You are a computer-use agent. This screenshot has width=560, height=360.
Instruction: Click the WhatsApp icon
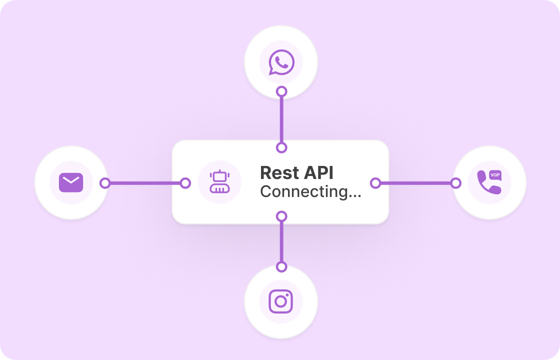click(281, 62)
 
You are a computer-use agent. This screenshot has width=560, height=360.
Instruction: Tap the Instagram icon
click(281, 301)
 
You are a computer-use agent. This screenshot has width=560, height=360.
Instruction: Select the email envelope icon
click(71, 182)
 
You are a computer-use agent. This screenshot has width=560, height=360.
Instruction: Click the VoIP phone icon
click(488, 182)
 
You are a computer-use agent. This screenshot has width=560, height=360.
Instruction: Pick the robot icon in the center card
click(219, 182)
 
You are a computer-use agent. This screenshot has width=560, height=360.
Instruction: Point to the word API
click(318, 173)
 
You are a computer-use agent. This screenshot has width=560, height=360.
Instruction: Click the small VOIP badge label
click(495, 174)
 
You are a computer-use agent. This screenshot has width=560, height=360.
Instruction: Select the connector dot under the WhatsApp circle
click(281, 91)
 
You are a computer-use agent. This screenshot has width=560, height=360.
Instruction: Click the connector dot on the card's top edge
click(281, 147)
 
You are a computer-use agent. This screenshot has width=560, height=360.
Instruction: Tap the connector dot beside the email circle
click(104, 183)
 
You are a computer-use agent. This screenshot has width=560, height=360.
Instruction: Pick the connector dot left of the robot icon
click(185, 183)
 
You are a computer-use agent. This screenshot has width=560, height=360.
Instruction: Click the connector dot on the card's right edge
click(375, 183)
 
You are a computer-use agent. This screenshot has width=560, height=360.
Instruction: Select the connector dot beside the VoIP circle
click(455, 183)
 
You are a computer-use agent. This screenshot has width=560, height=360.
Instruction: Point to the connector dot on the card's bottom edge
click(281, 216)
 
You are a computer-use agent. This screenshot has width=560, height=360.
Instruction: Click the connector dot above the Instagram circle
click(281, 266)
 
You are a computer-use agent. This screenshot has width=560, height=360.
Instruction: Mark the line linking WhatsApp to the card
click(281, 119)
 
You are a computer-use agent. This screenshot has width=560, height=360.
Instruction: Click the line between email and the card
click(145, 183)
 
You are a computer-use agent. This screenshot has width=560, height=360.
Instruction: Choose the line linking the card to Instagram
click(281, 241)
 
